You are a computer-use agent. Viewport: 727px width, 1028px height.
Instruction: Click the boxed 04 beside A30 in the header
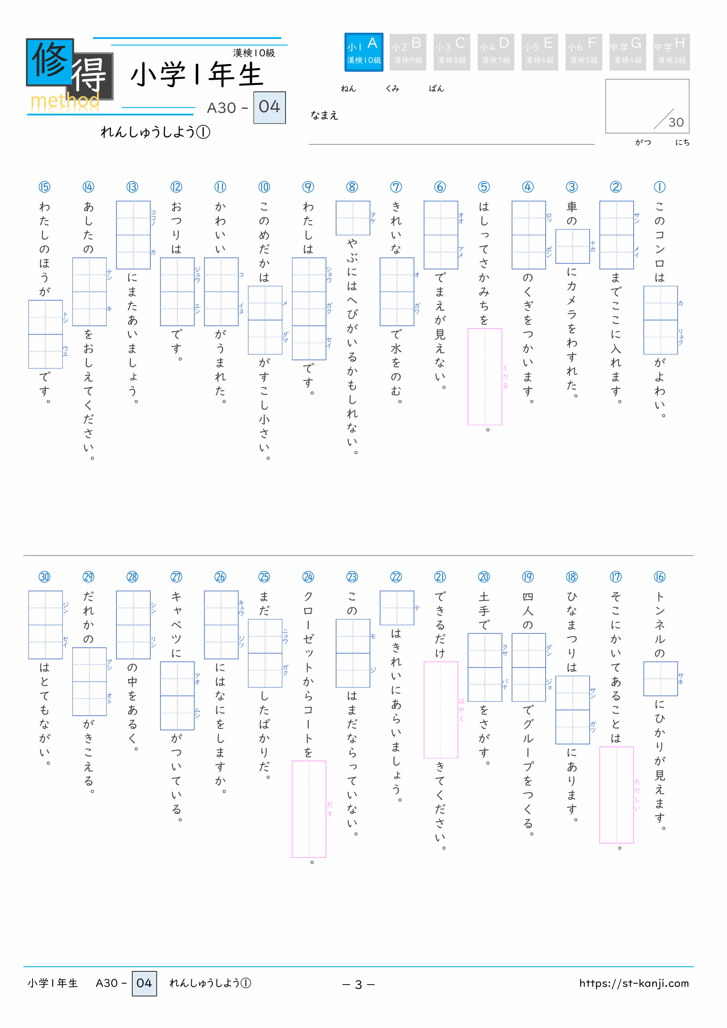(269, 107)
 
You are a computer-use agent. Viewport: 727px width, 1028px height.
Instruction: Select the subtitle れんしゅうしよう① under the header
(155, 132)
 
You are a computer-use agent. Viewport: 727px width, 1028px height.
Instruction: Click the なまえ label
(324, 116)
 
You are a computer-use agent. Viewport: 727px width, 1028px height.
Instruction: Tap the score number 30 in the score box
(676, 122)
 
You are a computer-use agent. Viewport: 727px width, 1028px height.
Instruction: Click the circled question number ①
(659, 187)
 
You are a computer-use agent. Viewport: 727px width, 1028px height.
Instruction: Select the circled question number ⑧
(352, 187)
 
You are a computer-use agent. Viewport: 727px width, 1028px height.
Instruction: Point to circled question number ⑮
(44, 187)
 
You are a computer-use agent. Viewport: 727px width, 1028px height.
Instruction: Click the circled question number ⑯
(659, 577)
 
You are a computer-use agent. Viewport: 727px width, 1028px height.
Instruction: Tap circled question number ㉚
(44, 577)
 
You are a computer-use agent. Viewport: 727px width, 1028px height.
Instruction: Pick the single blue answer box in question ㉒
(396, 608)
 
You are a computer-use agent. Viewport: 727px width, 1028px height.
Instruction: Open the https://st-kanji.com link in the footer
(633, 983)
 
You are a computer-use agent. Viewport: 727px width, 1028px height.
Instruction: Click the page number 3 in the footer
(358, 984)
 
